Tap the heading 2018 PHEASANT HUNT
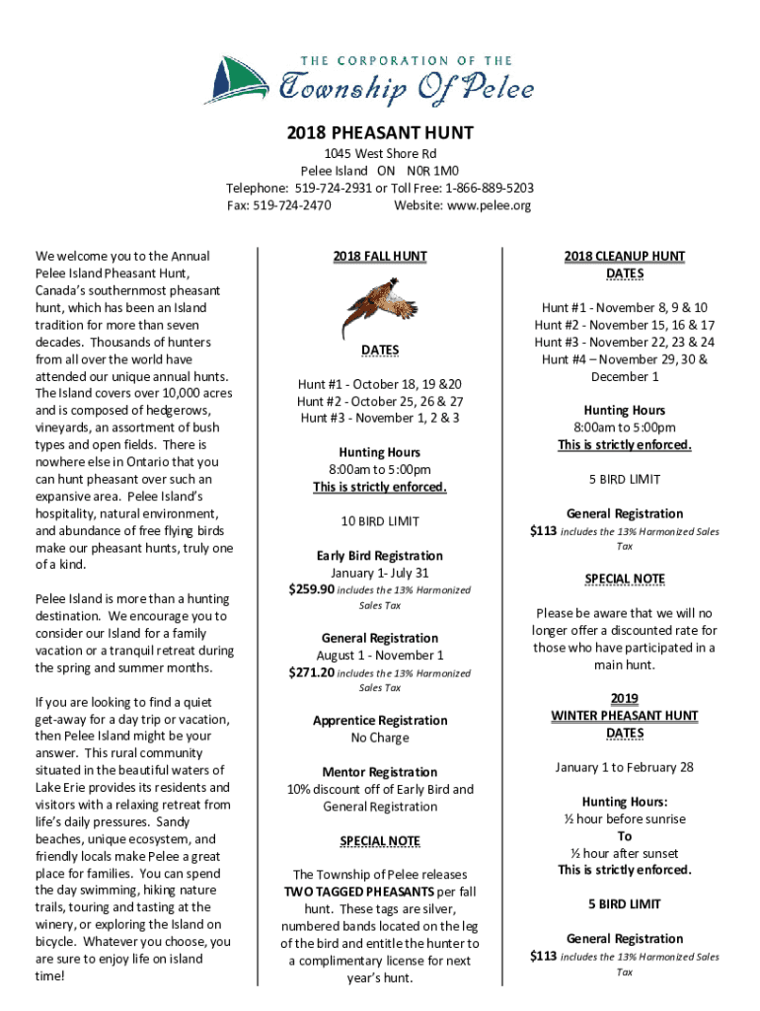380,132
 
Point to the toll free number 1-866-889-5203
490,188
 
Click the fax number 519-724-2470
292,205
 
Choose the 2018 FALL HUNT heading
380,257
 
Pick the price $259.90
312,589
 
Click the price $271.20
312,672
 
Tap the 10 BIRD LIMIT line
380,520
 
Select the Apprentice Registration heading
380,721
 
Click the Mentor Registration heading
380,772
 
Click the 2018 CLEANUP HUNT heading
625,257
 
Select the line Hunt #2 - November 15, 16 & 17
625,325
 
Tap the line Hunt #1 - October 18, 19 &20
380,384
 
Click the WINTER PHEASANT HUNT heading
625,716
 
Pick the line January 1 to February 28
625,767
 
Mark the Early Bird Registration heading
380,555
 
